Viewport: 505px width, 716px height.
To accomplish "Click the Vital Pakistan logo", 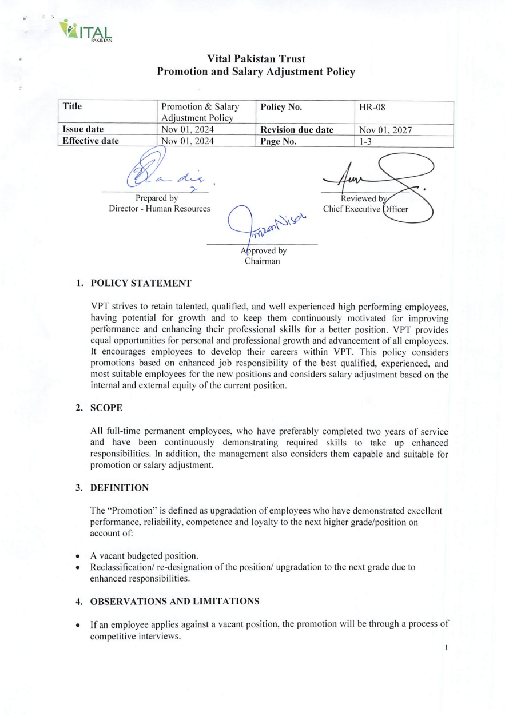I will [87, 31].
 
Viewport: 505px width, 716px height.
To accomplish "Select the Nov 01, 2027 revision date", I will [385, 130].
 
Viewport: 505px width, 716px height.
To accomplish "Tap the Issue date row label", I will [82, 130].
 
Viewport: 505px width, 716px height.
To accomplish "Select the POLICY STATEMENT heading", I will [141, 283].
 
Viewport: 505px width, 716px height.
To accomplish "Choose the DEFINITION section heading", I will [120, 487].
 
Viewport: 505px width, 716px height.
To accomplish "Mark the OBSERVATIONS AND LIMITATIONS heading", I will [174, 601].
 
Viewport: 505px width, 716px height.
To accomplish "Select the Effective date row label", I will [90, 141].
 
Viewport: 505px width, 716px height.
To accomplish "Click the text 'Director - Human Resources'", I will [160, 209].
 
